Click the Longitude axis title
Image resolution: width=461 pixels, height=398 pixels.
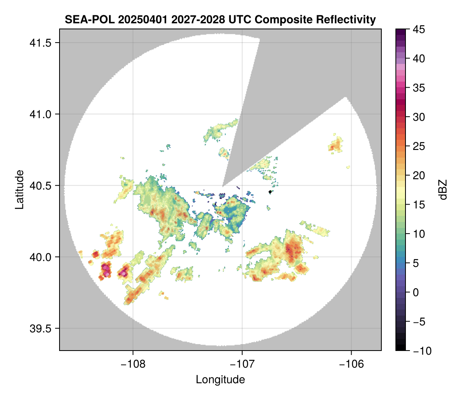220,379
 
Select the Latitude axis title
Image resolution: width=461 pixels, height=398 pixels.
19,189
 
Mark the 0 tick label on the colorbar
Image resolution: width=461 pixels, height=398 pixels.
417,292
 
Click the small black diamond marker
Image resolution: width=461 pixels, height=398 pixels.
270,192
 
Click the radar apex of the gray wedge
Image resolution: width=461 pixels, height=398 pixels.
223,187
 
